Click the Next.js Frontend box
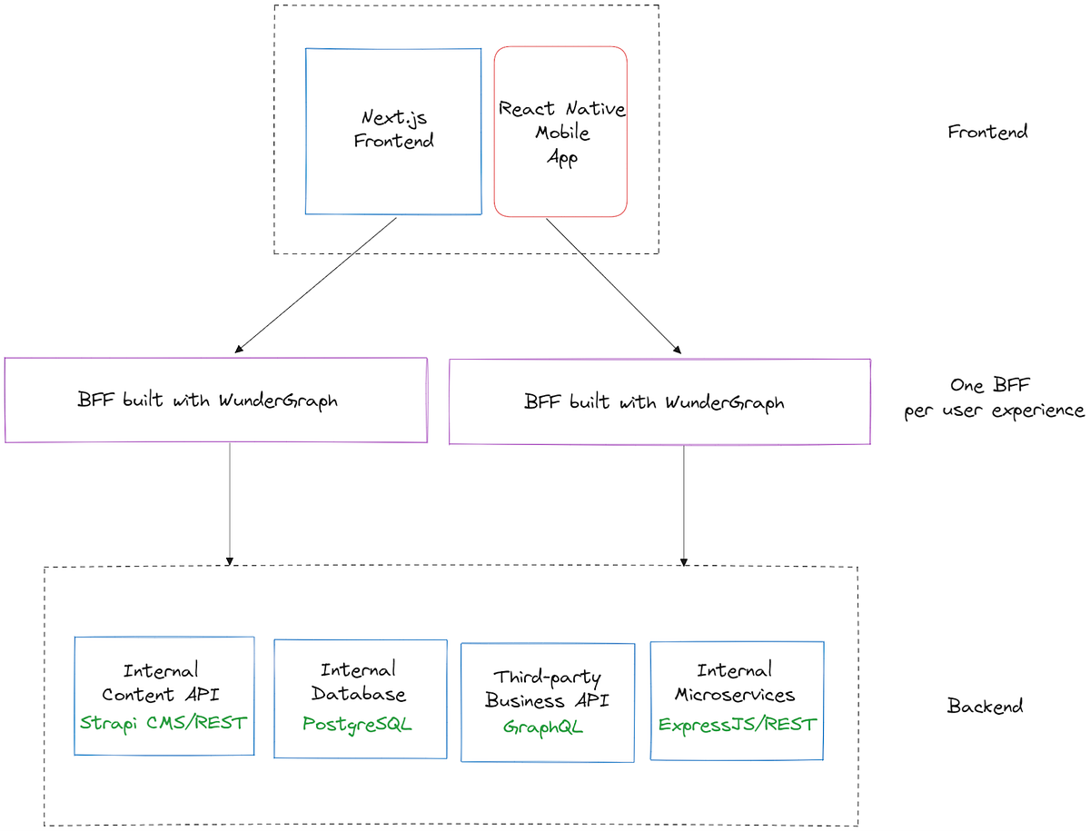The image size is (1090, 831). click(393, 131)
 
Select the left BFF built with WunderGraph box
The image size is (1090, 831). click(215, 401)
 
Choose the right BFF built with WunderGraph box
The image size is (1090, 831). click(659, 401)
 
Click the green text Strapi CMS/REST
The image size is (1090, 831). click(163, 723)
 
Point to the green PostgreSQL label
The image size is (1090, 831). click(357, 725)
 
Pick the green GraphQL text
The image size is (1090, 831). click(543, 727)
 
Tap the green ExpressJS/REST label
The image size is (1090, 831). click(737, 725)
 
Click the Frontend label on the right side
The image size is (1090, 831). click(987, 132)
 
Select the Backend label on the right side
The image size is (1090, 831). click(985, 706)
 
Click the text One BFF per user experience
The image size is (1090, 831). click(994, 398)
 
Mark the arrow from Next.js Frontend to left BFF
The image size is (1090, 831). click(316, 284)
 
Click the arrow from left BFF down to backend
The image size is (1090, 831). click(230, 504)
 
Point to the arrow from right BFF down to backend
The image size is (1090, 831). click(683, 504)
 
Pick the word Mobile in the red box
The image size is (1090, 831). click(562, 133)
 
